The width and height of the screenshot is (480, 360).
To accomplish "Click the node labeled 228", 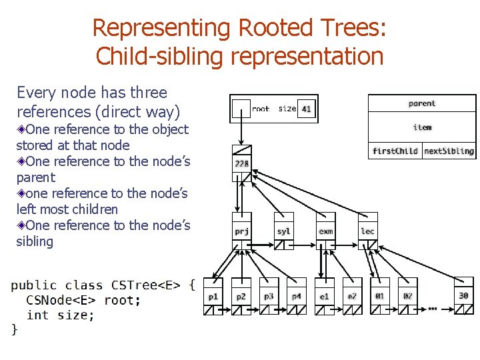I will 241,163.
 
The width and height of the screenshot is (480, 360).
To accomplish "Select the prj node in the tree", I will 241,231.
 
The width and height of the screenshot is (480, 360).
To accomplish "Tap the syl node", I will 284,231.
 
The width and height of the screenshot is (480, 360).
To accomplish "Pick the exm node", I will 326,231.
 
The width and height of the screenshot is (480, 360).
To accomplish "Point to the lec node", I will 367,231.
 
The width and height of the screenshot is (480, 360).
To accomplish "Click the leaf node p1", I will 213,295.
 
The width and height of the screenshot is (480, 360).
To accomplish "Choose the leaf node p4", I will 297,295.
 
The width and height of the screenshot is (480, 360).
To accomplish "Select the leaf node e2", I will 352,295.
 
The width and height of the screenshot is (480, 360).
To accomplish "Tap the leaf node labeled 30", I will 463,295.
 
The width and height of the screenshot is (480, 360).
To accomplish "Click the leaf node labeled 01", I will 380,295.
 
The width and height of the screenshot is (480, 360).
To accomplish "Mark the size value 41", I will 306,109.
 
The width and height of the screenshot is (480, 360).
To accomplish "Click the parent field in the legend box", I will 422,103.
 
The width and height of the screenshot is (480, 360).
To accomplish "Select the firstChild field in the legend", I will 395,151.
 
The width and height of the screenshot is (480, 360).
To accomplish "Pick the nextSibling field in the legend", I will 449,151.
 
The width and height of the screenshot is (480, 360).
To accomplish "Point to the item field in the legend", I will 422,127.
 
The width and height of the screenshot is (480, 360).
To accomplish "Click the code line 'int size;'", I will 61,315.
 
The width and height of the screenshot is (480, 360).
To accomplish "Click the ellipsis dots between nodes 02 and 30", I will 432,308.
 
